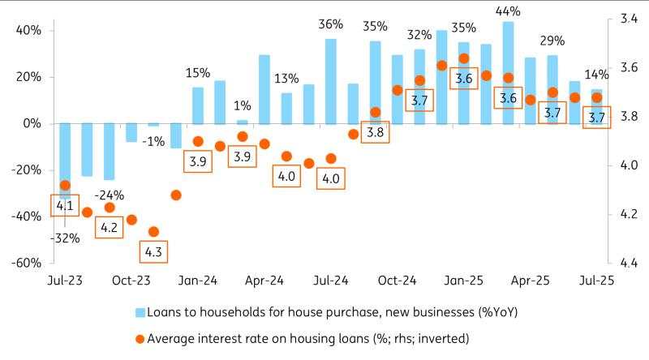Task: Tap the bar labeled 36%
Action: [331, 81]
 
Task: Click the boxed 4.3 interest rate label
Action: [153, 252]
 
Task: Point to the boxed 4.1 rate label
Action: [64, 207]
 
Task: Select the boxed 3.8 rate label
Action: [375, 131]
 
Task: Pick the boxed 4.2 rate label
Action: [109, 228]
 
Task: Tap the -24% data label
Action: [108, 195]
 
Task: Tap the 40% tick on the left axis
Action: [29, 31]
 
